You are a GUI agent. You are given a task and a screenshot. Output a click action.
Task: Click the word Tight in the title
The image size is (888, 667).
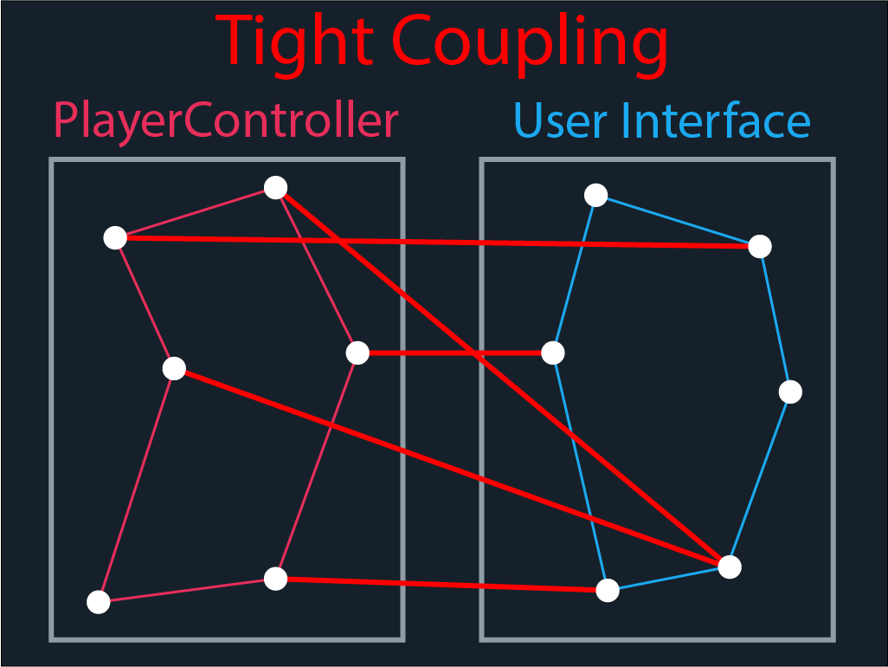[x=295, y=42]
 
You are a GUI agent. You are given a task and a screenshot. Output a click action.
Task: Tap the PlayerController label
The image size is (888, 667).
[x=226, y=120]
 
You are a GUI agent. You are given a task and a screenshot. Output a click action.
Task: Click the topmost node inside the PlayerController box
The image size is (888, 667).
[x=275, y=187]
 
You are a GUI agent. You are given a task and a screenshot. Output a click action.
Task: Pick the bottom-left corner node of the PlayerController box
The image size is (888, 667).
[x=99, y=602]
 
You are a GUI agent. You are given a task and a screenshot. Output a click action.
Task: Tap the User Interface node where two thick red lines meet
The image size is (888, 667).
[x=730, y=567]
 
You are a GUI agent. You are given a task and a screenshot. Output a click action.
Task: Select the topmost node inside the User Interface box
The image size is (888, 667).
[x=595, y=196]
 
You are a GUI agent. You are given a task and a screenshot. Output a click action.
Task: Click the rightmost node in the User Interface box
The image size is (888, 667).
[x=790, y=392]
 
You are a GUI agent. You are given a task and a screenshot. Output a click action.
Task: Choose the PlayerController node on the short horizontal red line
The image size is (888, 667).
[x=357, y=353]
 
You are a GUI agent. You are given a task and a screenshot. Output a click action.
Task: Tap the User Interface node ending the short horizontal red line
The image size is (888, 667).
[x=553, y=353]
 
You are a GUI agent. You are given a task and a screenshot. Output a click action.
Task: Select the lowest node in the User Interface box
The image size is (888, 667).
[x=608, y=591]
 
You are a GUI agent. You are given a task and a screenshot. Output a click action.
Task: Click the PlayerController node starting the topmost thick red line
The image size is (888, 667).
[x=115, y=237]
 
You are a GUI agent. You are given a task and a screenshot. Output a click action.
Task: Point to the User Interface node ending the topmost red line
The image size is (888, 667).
[x=759, y=246]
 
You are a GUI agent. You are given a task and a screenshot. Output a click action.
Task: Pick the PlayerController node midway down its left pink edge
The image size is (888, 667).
[x=174, y=369]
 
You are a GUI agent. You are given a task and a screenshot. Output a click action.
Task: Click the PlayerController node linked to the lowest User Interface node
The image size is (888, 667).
[x=275, y=579]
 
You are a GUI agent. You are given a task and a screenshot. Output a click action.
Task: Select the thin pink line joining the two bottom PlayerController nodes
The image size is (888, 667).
[x=187, y=590]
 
